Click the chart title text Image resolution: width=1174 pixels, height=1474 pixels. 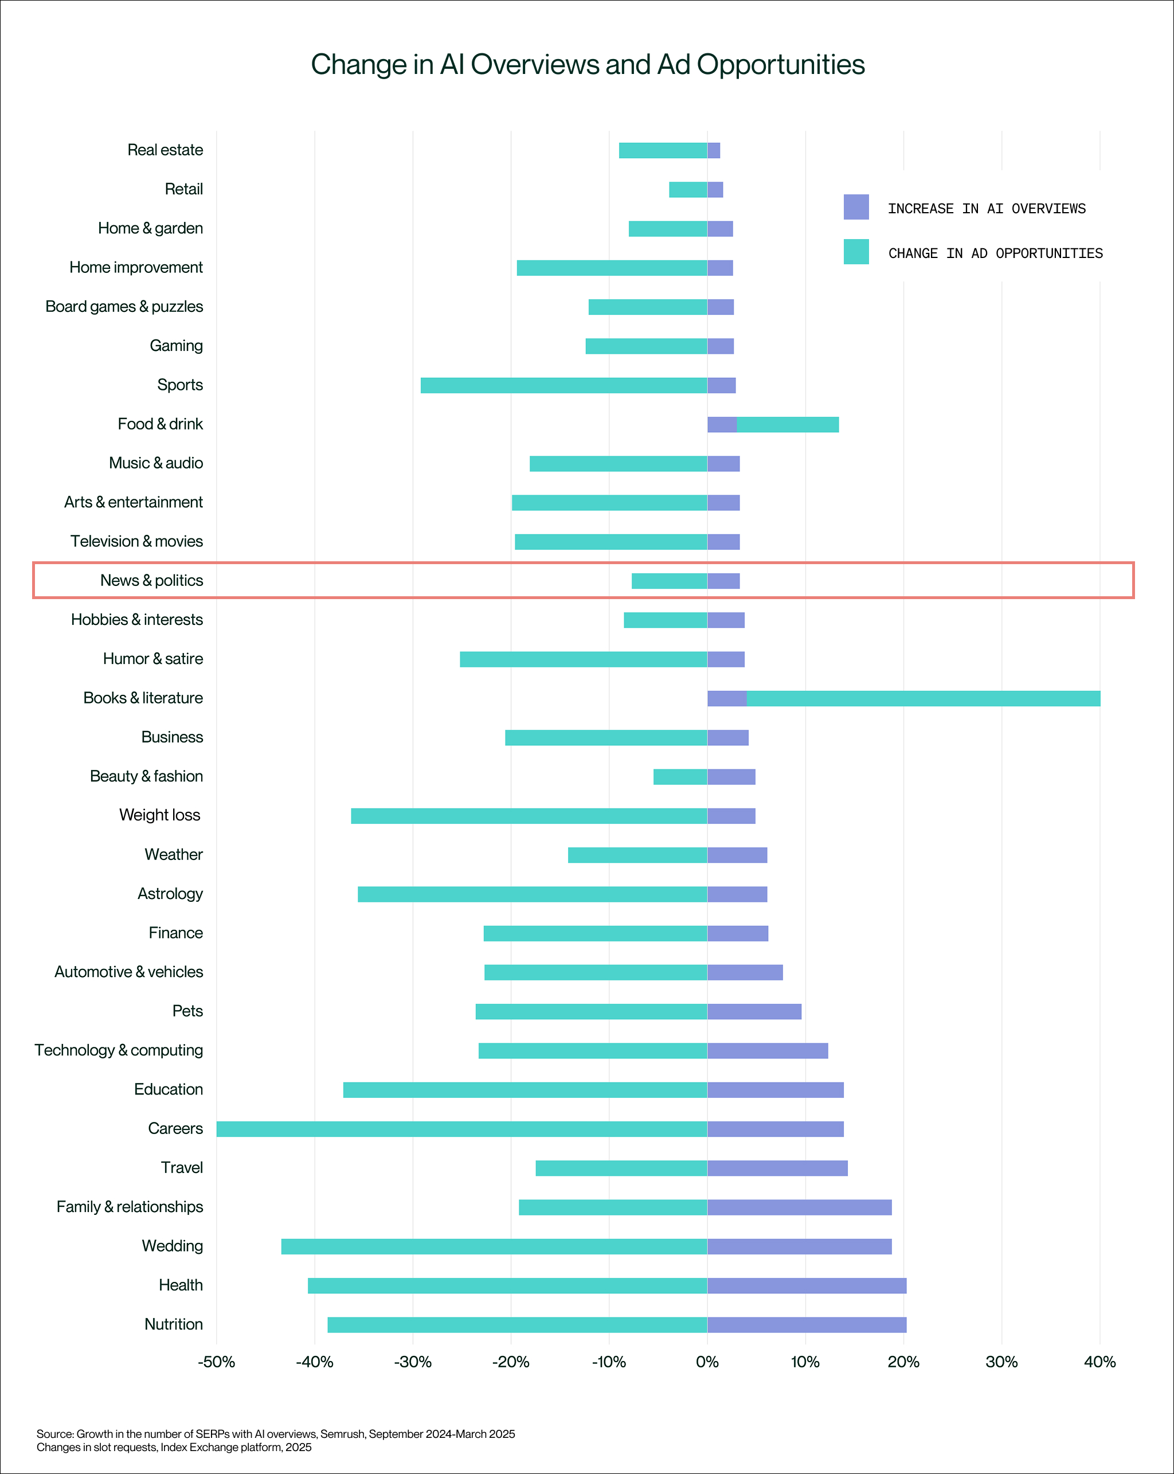point(588,65)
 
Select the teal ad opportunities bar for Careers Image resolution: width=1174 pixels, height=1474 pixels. point(461,1129)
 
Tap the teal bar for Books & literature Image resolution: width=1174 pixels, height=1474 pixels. point(923,698)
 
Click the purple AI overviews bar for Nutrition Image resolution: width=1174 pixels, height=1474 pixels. point(807,1324)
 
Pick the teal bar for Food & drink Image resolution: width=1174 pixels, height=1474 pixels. point(788,425)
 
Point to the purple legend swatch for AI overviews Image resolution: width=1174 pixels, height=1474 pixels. point(856,207)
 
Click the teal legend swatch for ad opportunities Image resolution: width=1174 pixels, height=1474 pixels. point(856,252)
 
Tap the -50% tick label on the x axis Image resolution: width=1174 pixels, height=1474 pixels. point(216,1362)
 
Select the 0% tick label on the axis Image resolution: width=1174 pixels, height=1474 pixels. point(707,1362)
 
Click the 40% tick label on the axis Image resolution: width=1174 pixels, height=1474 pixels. point(1099,1362)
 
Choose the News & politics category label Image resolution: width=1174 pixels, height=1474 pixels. point(152,580)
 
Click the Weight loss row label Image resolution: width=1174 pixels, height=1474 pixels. point(160,815)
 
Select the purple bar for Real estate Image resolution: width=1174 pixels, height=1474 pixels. point(714,150)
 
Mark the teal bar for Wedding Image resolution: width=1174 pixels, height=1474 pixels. point(494,1246)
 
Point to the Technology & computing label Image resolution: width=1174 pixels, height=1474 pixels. point(119,1050)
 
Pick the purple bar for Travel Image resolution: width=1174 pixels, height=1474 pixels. point(777,1168)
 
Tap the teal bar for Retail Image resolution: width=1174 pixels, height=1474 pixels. point(688,189)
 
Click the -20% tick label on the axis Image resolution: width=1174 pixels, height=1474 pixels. point(511,1362)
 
